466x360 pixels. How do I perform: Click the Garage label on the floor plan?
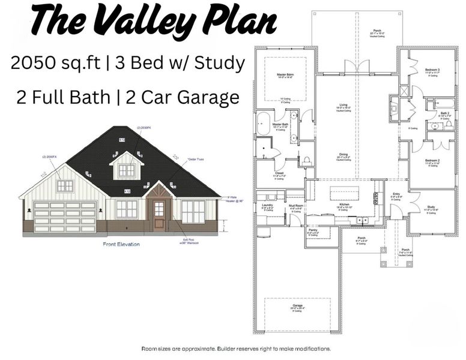[x=297, y=305]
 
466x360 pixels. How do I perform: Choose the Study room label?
[x=431, y=206]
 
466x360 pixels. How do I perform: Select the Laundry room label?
[x=267, y=205]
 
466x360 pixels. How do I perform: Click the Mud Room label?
[x=295, y=205]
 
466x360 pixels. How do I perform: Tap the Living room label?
[x=343, y=105]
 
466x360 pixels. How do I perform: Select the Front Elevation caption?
[x=121, y=244]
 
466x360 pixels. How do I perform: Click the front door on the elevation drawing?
[x=159, y=214]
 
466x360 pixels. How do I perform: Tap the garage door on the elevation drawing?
[x=65, y=217]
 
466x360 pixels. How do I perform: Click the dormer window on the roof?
[x=126, y=170]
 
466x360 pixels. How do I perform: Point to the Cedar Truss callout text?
[x=196, y=159]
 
